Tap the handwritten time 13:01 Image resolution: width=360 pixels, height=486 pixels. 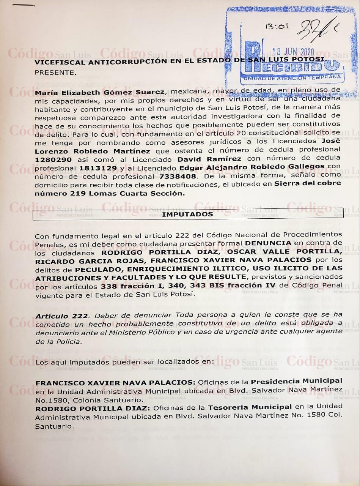[x=277, y=27]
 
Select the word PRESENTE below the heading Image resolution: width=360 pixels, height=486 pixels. [x=50, y=71]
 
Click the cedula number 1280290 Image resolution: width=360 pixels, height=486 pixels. [x=53, y=160]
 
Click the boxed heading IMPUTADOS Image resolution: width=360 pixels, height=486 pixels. [x=188, y=215]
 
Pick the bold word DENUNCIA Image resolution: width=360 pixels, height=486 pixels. [x=268, y=243]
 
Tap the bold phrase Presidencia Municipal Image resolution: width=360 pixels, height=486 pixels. [x=297, y=381]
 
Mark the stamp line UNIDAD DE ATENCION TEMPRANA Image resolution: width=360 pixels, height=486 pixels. [x=292, y=77]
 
